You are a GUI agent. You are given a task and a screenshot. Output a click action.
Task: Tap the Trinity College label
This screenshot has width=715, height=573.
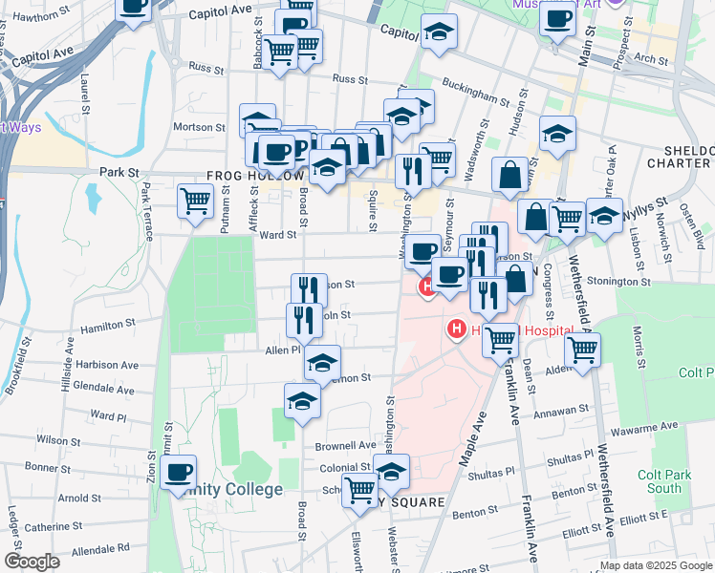tap(229, 489)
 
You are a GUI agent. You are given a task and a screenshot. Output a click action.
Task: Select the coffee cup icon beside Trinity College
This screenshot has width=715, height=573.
tap(178, 473)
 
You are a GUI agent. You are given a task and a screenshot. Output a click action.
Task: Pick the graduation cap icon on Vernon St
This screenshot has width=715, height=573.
tap(323, 364)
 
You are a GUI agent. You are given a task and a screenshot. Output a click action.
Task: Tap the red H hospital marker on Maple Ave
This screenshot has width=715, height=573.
tap(457, 329)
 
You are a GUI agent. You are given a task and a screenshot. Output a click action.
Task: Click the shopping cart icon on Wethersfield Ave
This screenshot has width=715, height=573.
tap(581, 350)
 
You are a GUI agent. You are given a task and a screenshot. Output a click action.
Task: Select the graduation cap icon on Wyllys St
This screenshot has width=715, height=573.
tap(604, 216)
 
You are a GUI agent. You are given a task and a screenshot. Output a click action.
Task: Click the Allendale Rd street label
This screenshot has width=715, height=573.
tap(100, 549)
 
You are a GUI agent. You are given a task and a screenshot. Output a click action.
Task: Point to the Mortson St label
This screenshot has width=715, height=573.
tap(199, 126)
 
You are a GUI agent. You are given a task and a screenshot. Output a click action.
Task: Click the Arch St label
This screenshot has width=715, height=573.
tap(651, 58)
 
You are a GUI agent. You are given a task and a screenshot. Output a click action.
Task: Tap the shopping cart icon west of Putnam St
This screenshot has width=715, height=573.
tap(196, 202)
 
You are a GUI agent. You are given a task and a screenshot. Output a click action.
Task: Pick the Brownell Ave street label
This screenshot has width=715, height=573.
tap(346, 445)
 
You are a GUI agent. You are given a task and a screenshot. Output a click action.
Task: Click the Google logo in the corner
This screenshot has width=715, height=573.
tap(31, 562)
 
